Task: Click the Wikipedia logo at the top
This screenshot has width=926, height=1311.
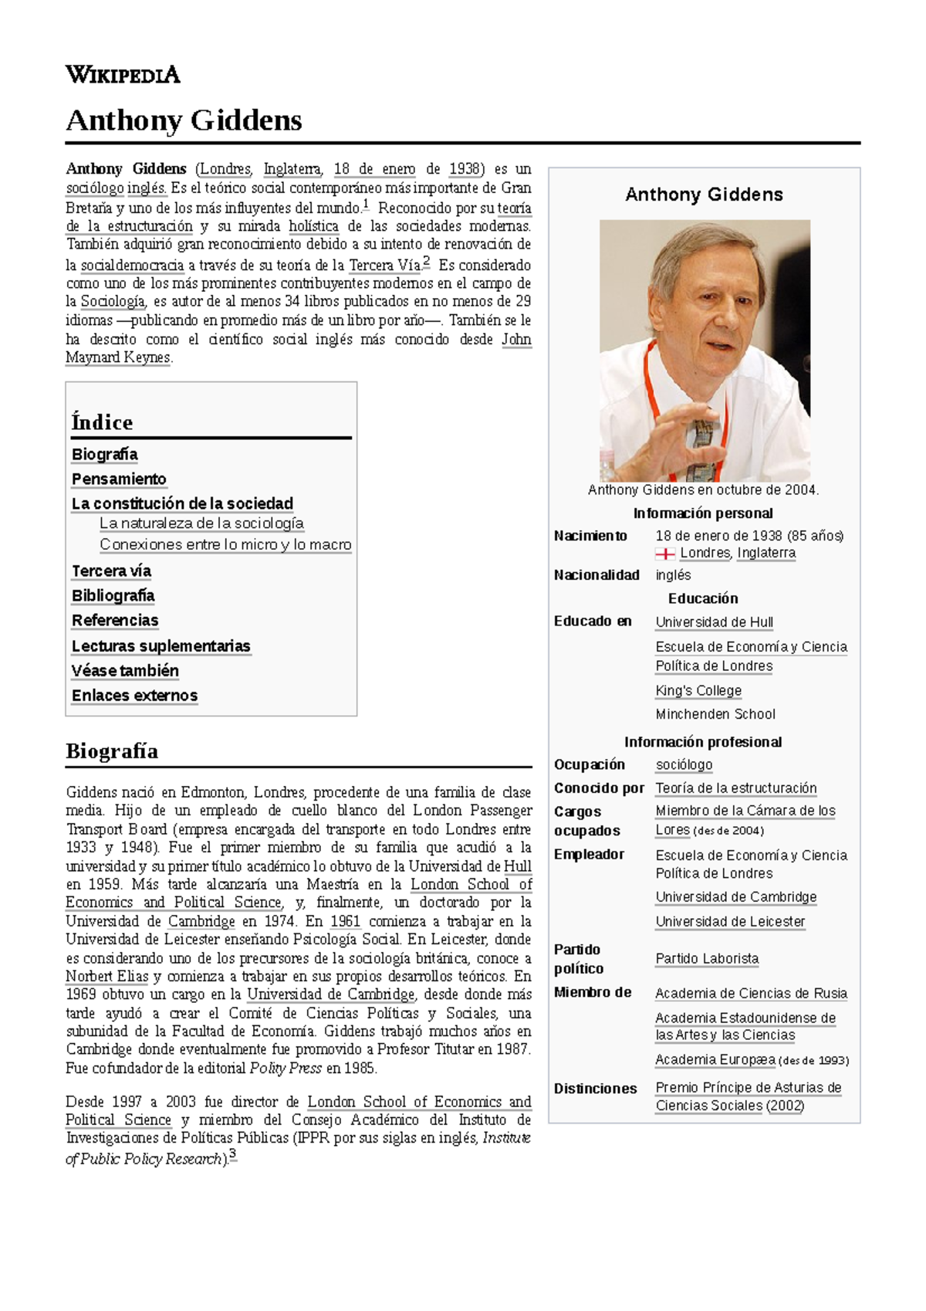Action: click(x=123, y=75)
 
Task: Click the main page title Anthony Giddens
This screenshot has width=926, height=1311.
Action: click(x=184, y=120)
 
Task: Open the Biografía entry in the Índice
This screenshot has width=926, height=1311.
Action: click(x=105, y=454)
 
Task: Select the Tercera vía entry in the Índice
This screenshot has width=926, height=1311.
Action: click(x=111, y=571)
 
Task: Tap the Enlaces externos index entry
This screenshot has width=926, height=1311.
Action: click(x=134, y=695)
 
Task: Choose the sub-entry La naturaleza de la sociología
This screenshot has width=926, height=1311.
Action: click(x=201, y=523)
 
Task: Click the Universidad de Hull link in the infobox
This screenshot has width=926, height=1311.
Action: click(x=714, y=622)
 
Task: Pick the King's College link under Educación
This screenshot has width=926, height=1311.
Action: click(x=698, y=690)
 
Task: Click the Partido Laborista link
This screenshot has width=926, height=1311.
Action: click(x=707, y=958)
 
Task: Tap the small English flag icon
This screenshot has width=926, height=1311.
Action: click(x=664, y=554)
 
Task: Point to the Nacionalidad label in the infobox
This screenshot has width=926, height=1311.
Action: click(x=596, y=574)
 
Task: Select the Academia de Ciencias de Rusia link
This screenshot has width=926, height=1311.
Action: click(x=751, y=993)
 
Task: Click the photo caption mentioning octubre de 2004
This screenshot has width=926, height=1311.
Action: click(x=703, y=490)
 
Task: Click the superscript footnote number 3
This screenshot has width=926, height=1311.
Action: click(x=232, y=1155)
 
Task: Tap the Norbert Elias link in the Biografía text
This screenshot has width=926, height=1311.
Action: click(x=106, y=976)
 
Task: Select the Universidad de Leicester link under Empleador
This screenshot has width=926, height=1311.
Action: click(x=730, y=921)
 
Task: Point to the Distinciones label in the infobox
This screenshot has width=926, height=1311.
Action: click(x=595, y=1088)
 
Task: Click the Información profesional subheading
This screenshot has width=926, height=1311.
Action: click(x=703, y=742)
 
